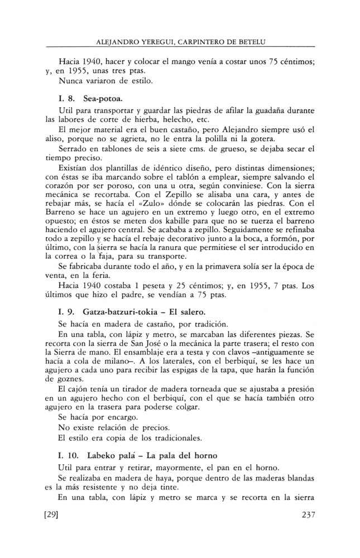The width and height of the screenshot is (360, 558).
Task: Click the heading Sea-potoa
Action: (x=99, y=98)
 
